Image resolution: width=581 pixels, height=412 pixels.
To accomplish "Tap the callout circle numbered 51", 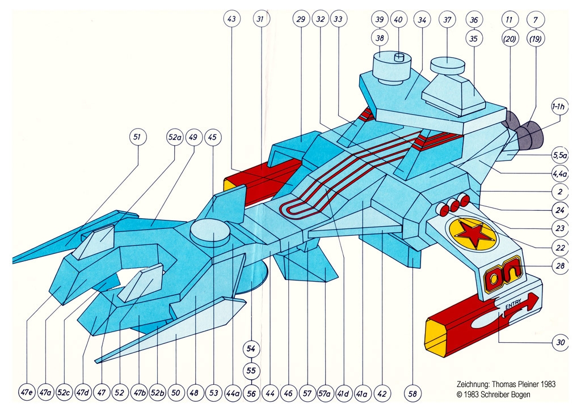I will click(138, 137).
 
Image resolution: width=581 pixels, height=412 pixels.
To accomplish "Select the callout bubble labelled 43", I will click(231, 19).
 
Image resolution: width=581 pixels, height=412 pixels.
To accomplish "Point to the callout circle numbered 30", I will click(561, 342).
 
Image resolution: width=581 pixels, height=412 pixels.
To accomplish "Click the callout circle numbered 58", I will click(413, 392).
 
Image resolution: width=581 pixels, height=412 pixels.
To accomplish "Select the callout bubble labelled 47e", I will click(27, 392).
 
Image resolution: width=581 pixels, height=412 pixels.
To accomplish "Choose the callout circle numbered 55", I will click(252, 371).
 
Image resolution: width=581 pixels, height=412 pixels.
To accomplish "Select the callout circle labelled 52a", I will click(174, 137).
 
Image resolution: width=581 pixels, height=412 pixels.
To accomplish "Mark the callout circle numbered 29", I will click(301, 19).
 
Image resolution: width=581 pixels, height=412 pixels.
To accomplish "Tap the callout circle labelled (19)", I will click(535, 40).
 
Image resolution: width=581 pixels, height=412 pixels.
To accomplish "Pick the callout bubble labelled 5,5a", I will click(561, 154).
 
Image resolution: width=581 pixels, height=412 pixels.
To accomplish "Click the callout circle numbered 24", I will click(561, 209).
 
